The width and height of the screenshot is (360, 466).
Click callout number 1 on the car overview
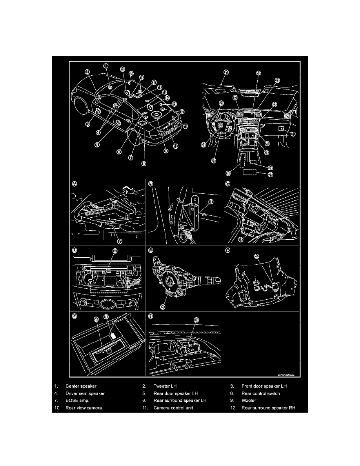(x=106, y=66)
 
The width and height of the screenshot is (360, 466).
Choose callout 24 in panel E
(x=163, y=306)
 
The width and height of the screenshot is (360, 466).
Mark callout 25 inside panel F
(x=256, y=257)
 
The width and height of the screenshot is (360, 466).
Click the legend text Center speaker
(x=81, y=386)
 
